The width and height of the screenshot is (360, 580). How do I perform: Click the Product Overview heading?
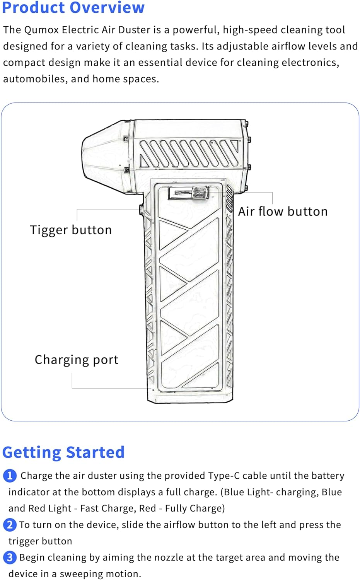click(x=73, y=8)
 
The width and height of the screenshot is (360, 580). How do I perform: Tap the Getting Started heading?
click(x=63, y=452)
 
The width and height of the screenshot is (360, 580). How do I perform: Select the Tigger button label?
click(x=71, y=230)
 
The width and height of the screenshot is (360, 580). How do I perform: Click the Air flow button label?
click(x=283, y=212)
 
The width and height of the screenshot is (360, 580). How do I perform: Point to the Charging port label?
click(x=76, y=360)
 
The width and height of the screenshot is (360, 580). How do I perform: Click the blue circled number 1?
click(x=10, y=476)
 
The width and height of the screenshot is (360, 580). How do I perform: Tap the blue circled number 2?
click(x=10, y=525)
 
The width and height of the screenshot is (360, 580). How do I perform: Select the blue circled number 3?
click(x=10, y=558)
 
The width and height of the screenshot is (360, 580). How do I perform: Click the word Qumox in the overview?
click(x=41, y=30)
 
